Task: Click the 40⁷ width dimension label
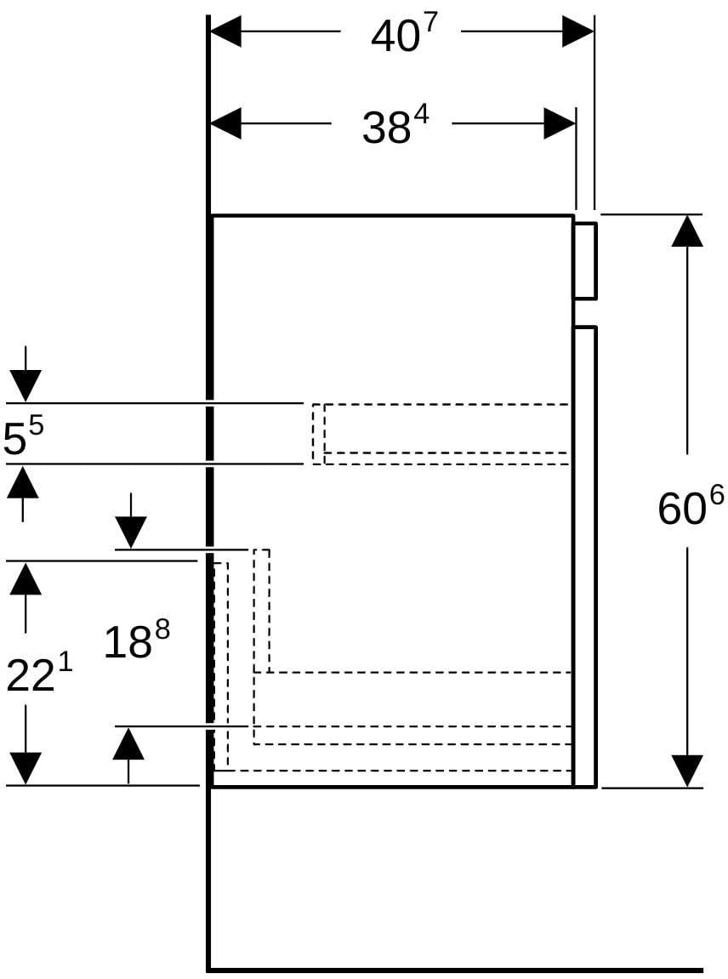401,35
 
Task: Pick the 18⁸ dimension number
137,640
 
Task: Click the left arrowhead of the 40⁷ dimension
225,31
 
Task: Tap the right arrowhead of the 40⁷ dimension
577,31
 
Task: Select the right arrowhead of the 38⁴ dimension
560,123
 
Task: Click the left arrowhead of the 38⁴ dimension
225,123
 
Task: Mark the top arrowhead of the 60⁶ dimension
687,231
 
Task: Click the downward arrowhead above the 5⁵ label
25,386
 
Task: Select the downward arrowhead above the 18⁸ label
130,532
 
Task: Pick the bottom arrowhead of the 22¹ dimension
26,769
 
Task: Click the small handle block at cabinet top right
586,259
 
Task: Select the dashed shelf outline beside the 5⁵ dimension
441,434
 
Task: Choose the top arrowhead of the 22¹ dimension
26,578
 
